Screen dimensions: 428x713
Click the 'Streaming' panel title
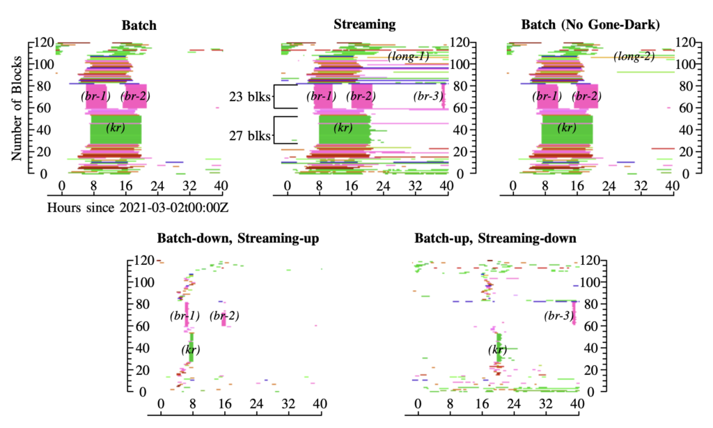click(x=364, y=24)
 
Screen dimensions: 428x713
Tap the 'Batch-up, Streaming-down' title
click(x=495, y=238)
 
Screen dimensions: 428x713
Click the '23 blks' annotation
click(x=250, y=96)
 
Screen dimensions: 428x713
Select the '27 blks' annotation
click(x=250, y=136)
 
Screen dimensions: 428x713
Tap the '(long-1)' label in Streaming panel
click(x=408, y=55)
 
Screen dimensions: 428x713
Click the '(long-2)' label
click(x=634, y=56)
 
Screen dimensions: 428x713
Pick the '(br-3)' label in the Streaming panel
click(x=428, y=96)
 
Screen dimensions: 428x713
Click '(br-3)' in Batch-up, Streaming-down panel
click(x=558, y=316)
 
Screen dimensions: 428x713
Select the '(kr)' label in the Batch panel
click(x=116, y=128)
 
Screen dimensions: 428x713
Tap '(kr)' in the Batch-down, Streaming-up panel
click(x=191, y=349)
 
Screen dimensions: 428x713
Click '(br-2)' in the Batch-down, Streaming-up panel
click(x=224, y=316)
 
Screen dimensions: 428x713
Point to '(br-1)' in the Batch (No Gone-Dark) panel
click(x=546, y=96)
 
